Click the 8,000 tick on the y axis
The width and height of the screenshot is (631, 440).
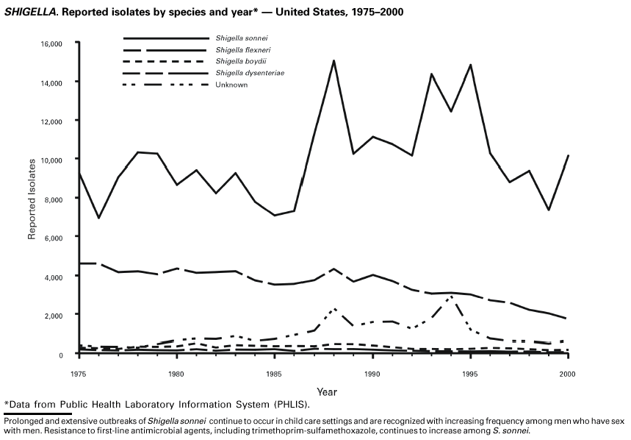(54, 199)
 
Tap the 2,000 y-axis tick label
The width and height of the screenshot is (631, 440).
(54, 315)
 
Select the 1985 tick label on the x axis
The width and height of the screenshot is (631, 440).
(274, 375)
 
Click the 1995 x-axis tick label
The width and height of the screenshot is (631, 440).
(470, 375)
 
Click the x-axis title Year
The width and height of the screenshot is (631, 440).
(327, 391)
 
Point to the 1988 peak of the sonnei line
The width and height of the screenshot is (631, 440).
(333, 61)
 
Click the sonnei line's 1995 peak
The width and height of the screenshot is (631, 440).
(470, 65)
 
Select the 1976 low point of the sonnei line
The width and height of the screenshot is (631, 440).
(98, 218)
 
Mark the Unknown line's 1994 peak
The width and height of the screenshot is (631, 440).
(451, 297)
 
